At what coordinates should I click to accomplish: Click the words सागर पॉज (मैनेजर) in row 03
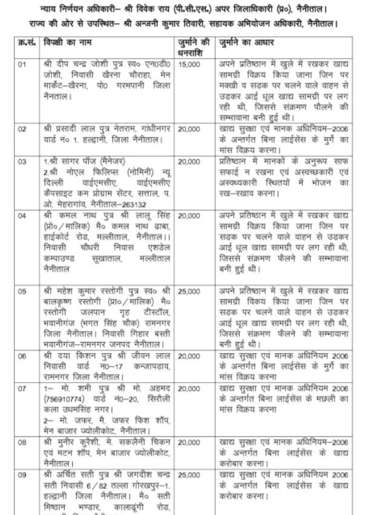[x=83, y=162]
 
